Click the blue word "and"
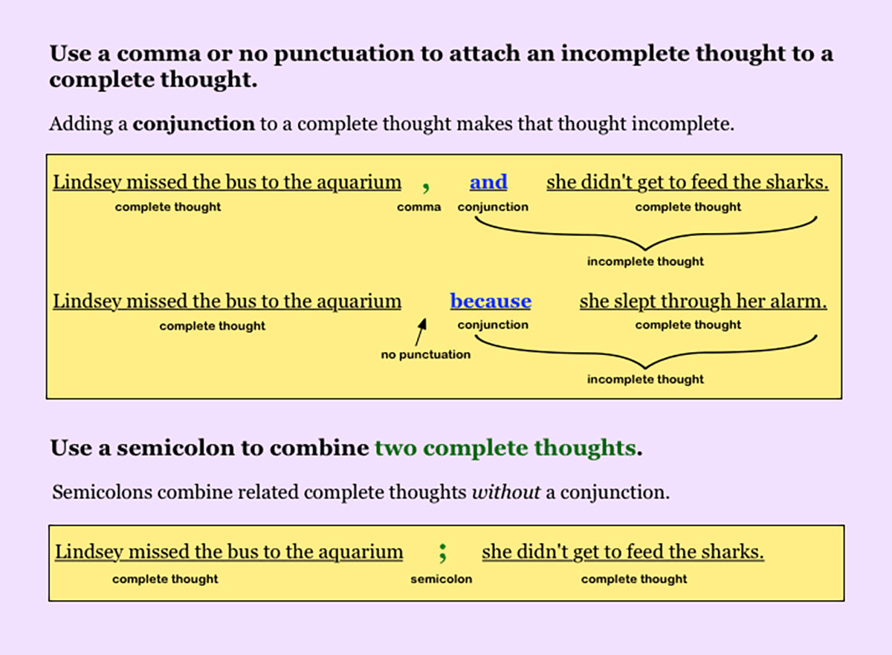coord(488,183)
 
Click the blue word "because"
coord(491,302)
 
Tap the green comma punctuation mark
coord(426,185)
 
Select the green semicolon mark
coord(442,553)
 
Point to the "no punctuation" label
coord(425,355)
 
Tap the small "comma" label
coord(419,207)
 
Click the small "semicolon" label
coord(441,579)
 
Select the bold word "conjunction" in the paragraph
coord(193,123)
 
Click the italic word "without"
coord(505,492)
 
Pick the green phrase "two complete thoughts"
coord(505,449)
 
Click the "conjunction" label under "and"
coord(493,207)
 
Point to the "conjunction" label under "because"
coord(493,325)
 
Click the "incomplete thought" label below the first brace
coord(645,261)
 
